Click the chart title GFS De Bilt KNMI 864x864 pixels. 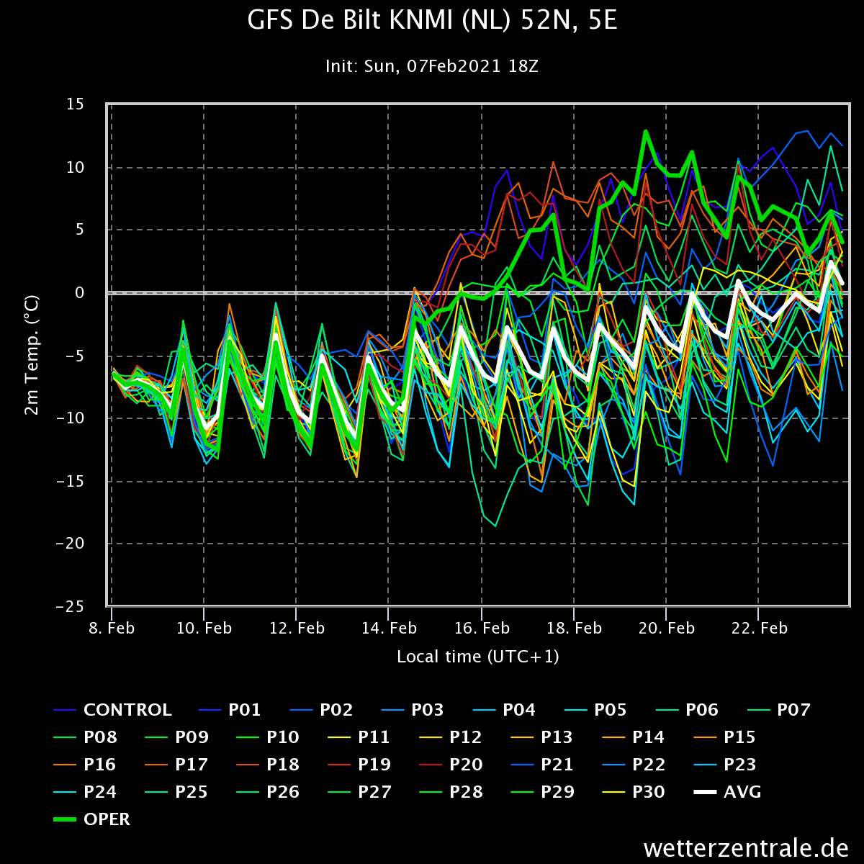click(x=432, y=21)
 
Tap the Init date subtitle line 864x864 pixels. click(x=432, y=66)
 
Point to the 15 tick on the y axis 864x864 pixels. click(x=75, y=104)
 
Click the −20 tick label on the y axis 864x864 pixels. click(x=70, y=544)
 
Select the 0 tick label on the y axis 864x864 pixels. click(x=79, y=292)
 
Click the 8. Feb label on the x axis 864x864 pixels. click(x=111, y=628)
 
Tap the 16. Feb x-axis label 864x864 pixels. click(x=482, y=628)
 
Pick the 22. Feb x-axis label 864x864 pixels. click(x=759, y=628)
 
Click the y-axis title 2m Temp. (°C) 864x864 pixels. click(x=32, y=355)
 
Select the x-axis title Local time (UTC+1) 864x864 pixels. click(x=478, y=657)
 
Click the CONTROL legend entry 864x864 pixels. click(x=112, y=710)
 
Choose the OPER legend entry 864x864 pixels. click(x=92, y=819)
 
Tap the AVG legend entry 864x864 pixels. click(x=727, y=792)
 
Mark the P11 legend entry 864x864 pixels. click(x=359, y=737)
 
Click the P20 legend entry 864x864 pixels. click(x=451, y=765)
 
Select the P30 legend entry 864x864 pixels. click(x=633, y=792)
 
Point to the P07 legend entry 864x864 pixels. click(x=779, y=710)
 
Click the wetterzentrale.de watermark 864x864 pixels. click(x=746, y=848)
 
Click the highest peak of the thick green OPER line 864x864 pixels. click(x=646, y=131)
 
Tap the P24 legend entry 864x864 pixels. click(x=85, y=792)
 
